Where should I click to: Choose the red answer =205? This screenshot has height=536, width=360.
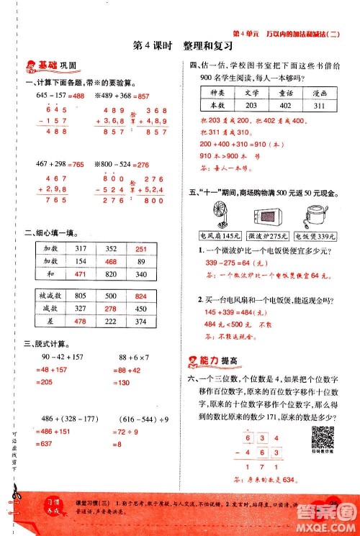click(44, 383)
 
